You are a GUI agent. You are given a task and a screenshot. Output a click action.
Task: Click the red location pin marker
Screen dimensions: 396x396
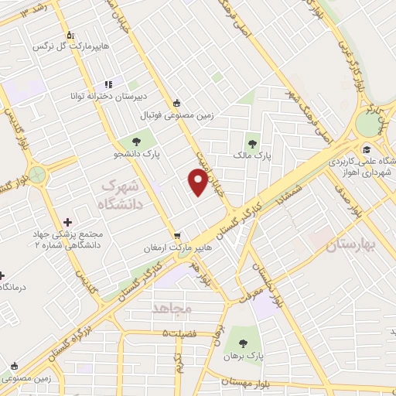click(198, 182)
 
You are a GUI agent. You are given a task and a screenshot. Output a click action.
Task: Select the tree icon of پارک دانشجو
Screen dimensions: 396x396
click(136, 142)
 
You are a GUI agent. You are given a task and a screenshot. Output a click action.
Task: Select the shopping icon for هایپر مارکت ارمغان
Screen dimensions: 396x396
click(179, 235)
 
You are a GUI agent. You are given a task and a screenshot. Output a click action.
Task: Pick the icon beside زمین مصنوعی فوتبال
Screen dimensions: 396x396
click(178, 102)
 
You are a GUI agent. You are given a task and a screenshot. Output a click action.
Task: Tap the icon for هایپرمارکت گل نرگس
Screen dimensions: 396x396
click(70, 35)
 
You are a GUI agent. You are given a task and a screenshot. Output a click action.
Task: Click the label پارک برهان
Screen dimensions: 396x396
click(244, 357)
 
